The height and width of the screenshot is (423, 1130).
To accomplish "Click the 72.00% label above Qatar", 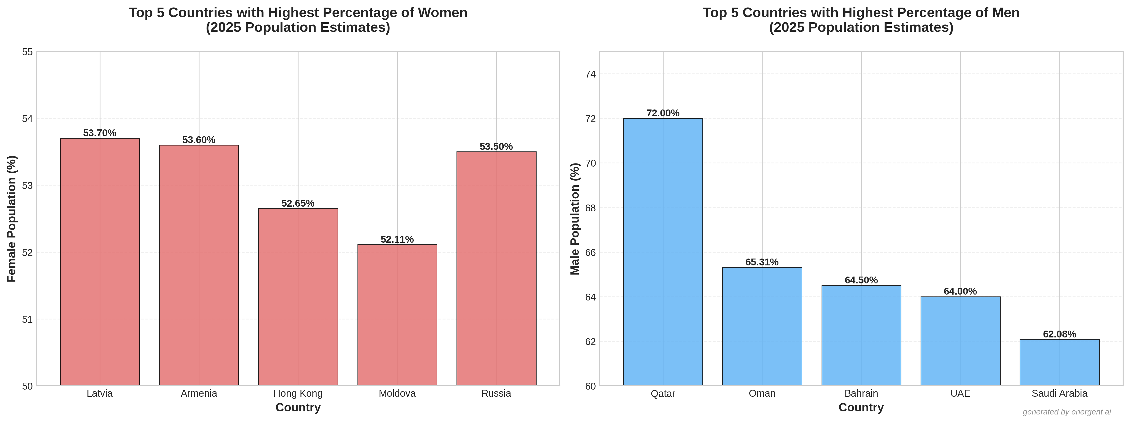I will (x=663, y=113).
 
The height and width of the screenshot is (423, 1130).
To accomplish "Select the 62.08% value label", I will (x=1059, y=334).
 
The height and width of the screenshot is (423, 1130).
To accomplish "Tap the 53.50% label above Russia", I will (x=496, y=146).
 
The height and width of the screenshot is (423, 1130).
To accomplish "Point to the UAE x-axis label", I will (x=960, y=394).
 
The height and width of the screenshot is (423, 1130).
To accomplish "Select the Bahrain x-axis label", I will (x=861, y=394).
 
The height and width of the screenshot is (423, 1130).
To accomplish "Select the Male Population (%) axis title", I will (x=575, y=218).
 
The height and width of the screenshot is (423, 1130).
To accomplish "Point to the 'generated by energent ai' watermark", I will (x=1067, y=412).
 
